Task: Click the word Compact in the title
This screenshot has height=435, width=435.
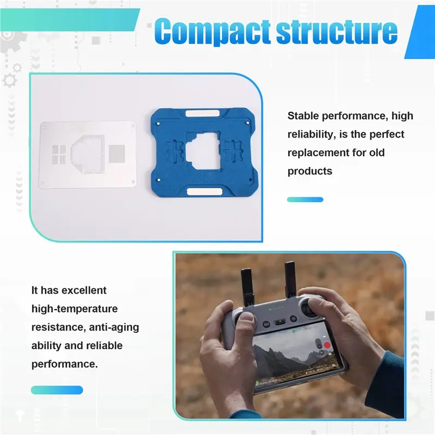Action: pos(212,31)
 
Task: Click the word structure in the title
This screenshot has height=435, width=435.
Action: pos(337,31)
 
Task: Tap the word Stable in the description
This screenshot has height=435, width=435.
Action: pos(303,116)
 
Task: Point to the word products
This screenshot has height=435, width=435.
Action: pos(309,171)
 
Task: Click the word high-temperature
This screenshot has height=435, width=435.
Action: pos(74,309)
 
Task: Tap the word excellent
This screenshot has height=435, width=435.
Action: pos(84,290)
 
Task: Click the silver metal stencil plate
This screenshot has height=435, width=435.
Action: pos(88,154)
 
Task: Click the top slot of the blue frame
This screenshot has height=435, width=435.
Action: pos(202,114)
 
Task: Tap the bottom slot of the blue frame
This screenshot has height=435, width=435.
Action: pos(205,191)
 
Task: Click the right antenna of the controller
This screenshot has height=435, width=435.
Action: pos(290,279)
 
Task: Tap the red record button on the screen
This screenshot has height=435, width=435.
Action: pos(327,345)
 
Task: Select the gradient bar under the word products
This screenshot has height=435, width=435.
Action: pos(305,200)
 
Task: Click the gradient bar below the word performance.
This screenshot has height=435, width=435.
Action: pos(57,390)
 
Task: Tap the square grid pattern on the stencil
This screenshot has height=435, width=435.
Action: pos(117,153)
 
